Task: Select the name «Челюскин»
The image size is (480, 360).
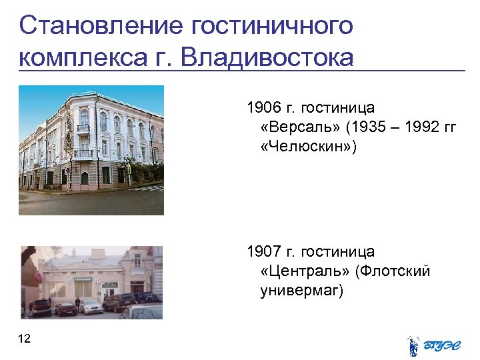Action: [x=308, y=147]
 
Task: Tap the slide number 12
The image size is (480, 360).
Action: [x=25, y=339]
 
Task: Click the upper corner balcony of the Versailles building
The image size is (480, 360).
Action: [x=83, y=128]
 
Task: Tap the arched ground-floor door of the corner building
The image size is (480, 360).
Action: [x=85, y=178]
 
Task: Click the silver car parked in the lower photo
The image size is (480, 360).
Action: [x=91, y=307]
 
